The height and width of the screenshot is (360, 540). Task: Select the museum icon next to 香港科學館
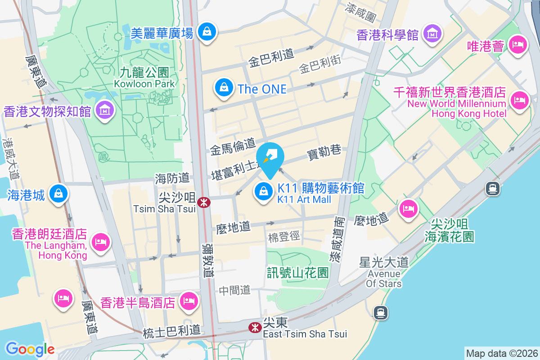coord(432,34)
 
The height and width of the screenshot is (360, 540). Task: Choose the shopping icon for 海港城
coord(58,194)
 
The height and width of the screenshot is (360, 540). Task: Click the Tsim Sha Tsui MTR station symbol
coord(204,202)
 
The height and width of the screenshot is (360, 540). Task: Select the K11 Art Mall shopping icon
coord(264,192)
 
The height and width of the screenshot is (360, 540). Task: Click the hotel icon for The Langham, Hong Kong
coord(100,242)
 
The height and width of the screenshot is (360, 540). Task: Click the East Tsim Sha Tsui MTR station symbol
coord(255,328)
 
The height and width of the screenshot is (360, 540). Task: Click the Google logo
coord(30,349)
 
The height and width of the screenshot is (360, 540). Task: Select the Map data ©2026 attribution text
coord(501,353)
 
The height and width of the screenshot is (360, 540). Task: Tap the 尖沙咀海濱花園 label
coord(449,229)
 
